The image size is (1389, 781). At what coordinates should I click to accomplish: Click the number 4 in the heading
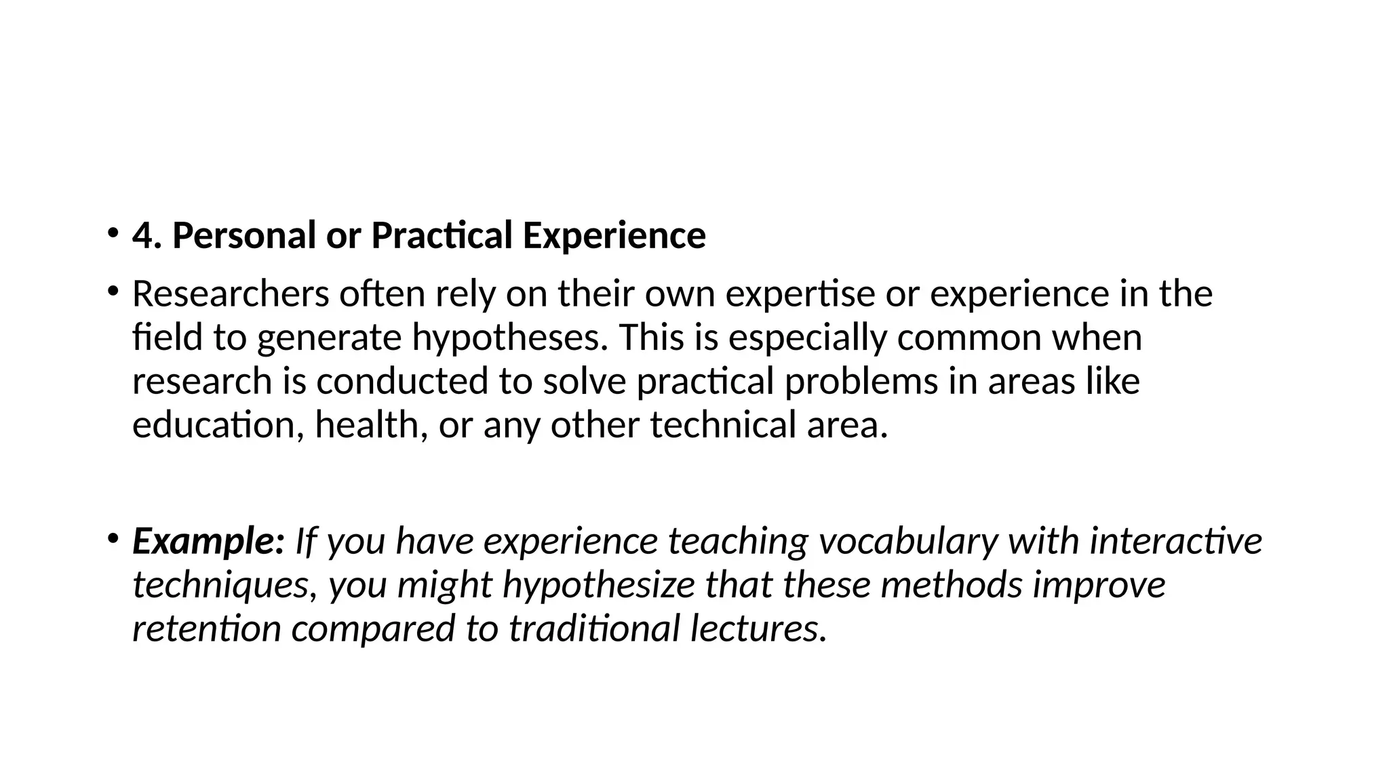pos(142,236)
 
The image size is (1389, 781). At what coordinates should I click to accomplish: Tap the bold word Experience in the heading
pos(614,236)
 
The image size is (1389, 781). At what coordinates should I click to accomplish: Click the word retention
pos(206,628)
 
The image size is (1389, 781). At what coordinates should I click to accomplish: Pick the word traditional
pos(594,628)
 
